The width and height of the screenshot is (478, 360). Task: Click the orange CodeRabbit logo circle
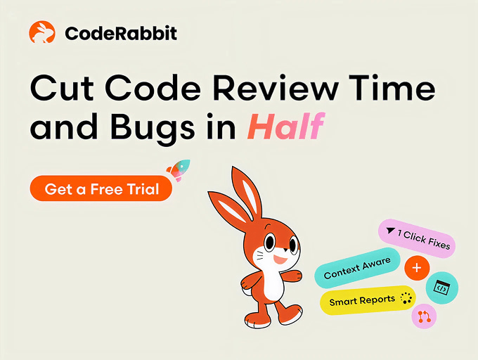pos(42,32)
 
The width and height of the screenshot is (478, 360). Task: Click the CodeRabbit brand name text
pos(121,33)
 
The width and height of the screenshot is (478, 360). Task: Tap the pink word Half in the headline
pos(285,126)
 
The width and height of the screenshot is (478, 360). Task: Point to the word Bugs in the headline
pos(153,129)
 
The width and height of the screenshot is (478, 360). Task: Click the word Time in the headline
pos(392,88)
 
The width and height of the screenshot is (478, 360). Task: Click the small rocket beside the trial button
pos(179,170)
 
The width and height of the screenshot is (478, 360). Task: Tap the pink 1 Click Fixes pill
pos(417,238)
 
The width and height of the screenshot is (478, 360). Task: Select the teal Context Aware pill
pos(357,268)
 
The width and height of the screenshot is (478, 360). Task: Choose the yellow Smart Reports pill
pos(368,300)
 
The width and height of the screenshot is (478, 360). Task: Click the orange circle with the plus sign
pos(417,268)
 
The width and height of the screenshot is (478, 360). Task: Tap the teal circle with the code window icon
pos(441,288)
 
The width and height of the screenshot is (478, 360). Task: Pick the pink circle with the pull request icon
pos(424,316)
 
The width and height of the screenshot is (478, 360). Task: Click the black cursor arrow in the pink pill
pos(390,231)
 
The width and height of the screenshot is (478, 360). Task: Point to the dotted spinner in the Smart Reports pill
pos(406,298)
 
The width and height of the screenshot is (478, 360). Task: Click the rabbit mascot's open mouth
pos(280,259)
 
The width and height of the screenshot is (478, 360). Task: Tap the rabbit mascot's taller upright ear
pos(246,195)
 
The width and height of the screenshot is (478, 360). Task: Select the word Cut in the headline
pos(62,88)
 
